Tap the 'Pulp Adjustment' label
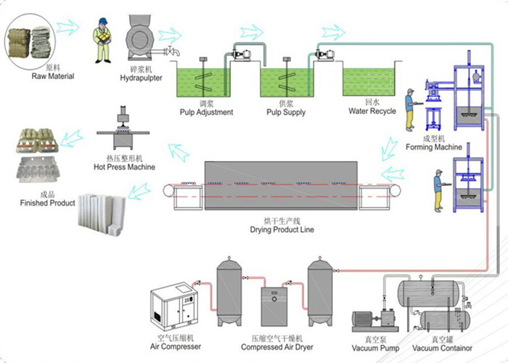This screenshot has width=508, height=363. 206,113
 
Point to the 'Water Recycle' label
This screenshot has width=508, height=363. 372,111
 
